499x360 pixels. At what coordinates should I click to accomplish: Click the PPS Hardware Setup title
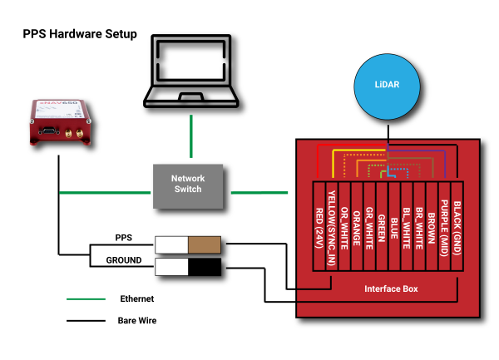(x=79, y=35)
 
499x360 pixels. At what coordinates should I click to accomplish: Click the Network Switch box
(x=188, y=185)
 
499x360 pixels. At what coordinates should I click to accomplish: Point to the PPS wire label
(x=124, y=238)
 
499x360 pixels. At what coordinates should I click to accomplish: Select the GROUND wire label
(x=124, y=260)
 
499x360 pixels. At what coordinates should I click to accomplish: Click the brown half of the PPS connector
(x=205, y=244)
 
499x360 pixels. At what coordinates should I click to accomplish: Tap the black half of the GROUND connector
(x=205, y=267)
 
